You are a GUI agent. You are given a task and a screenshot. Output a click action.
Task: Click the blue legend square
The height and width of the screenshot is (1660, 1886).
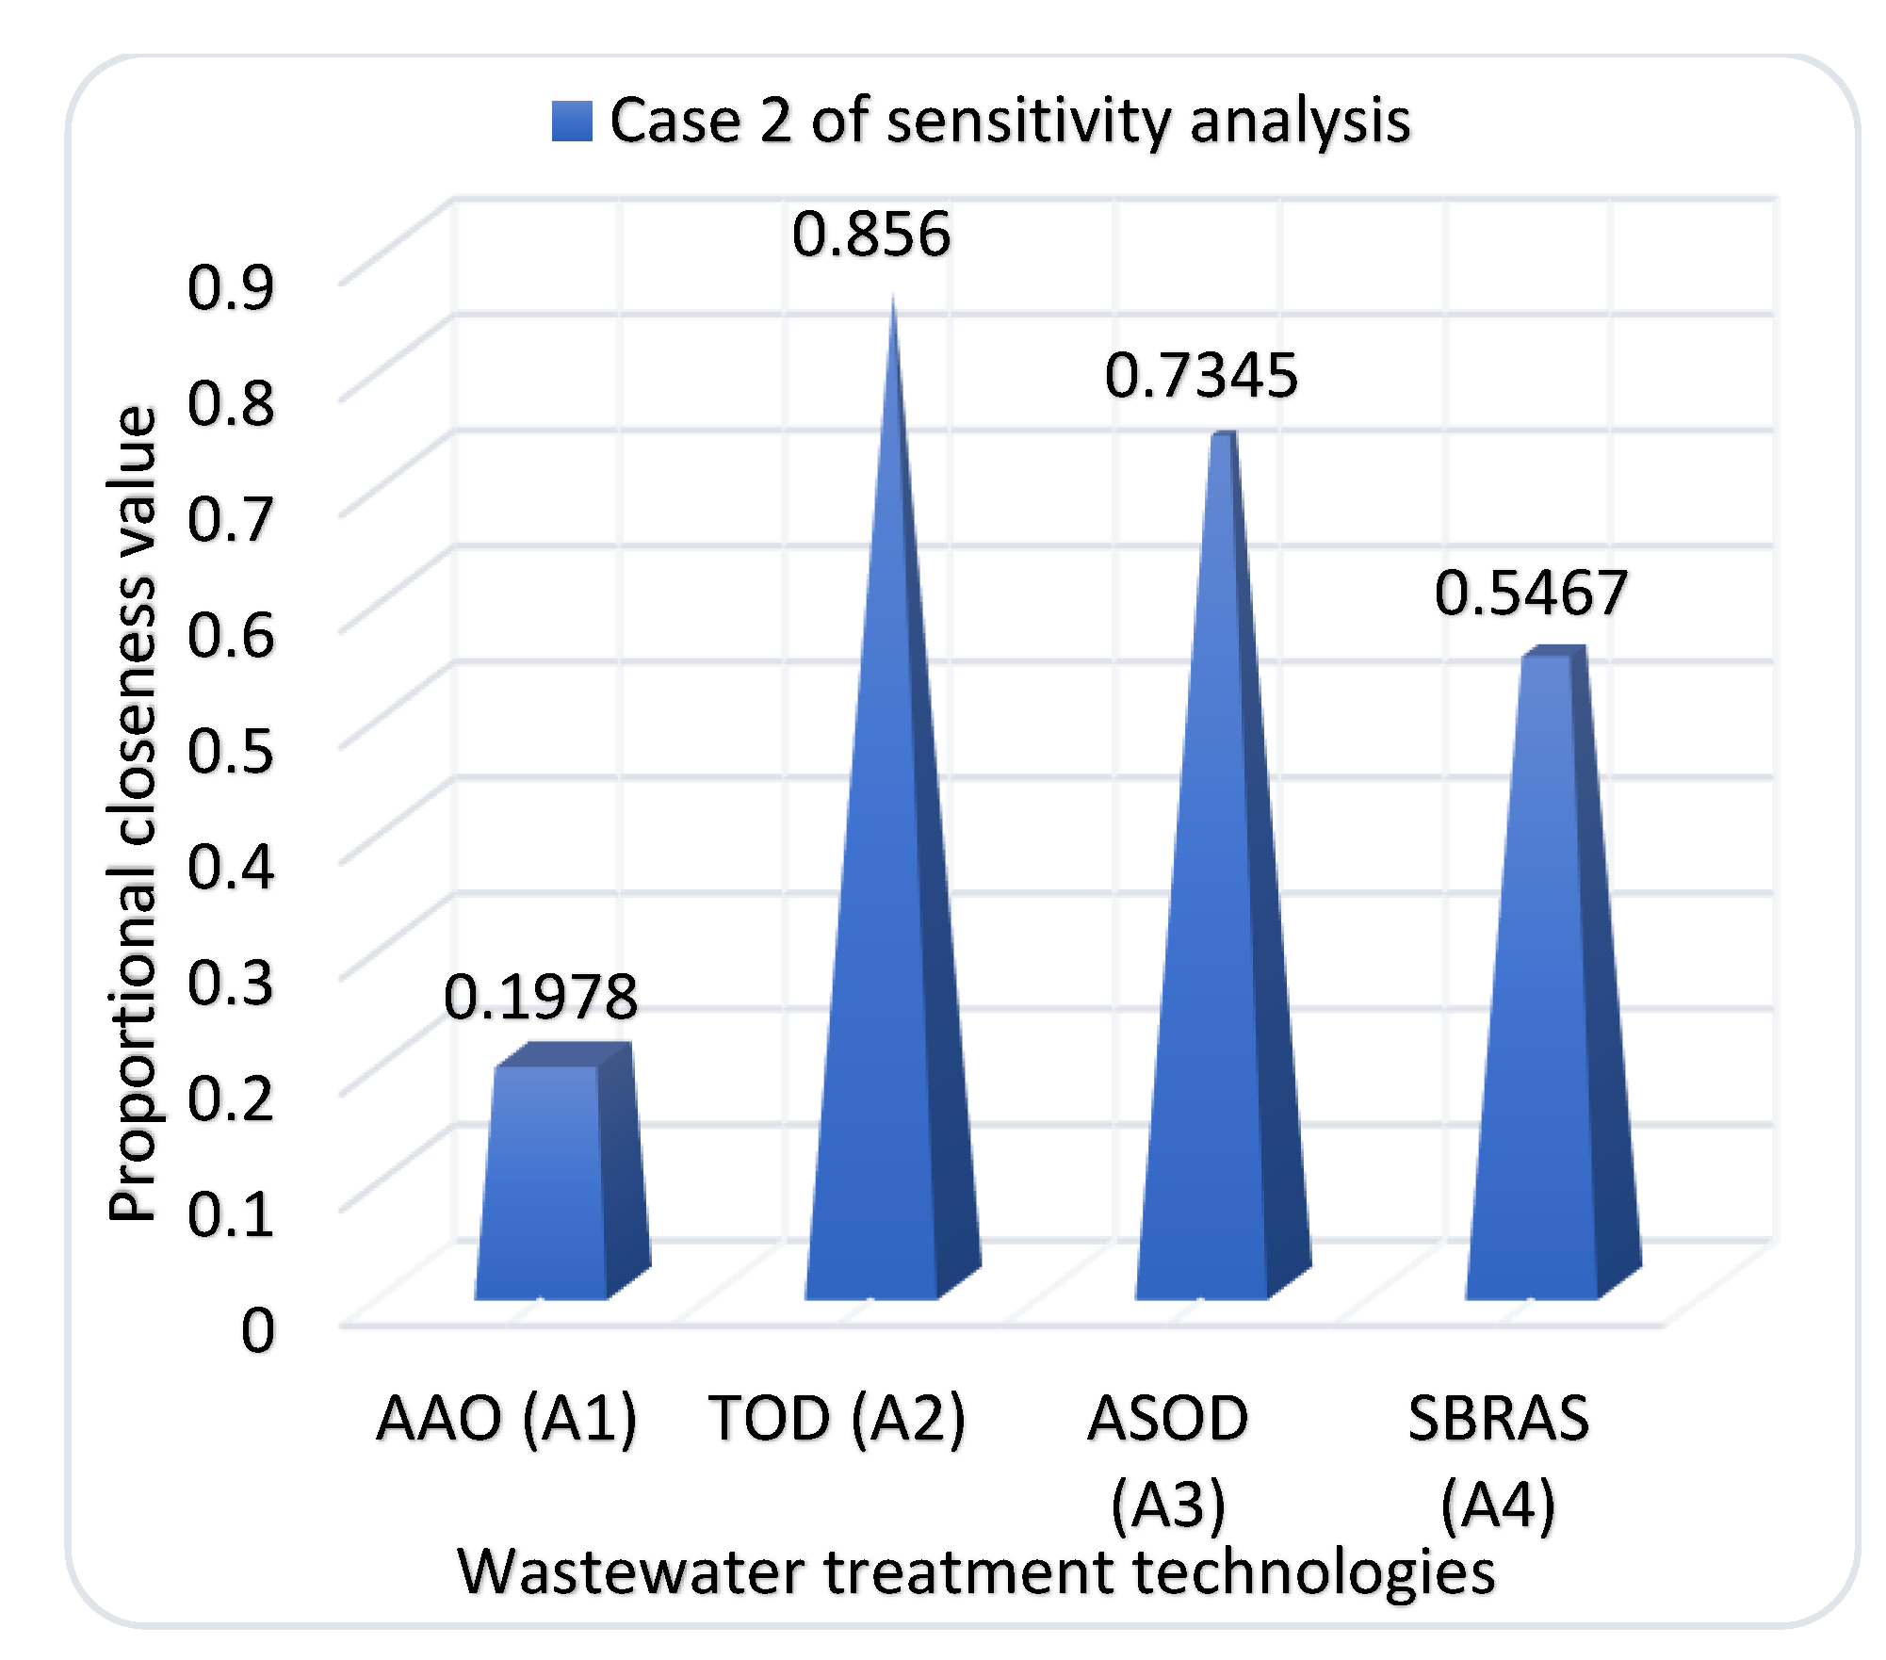pyautogui.click(x=572, y=122)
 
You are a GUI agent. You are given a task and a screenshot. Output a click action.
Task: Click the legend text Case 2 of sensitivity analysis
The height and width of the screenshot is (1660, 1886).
pyautogui.click(x=1009, y=122)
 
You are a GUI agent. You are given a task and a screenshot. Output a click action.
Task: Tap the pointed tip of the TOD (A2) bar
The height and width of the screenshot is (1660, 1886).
pyautogui.click(x=892, y=303)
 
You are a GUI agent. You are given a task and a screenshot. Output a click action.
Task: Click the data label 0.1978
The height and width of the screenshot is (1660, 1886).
pyautogui.click(x=541, y=998)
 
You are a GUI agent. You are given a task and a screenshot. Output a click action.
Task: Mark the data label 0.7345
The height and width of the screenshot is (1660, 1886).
pyautogui.click(x=1200, y=376)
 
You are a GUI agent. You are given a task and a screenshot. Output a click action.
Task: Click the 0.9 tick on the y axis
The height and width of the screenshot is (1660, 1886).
pyautogui.click(x=231, y=287)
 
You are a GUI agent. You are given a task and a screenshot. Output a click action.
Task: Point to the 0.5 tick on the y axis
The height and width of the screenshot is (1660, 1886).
pyautogui.click(x=231, y=751)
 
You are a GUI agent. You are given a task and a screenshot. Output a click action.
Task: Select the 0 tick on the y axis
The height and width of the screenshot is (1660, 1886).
pyautogui.click(x=257, y=1330)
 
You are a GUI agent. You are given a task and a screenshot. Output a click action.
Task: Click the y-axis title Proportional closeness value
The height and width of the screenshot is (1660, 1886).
pyautogui.click(x=132, y=815)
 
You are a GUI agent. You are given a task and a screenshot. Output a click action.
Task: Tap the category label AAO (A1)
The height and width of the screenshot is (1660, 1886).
pyautogui.click(x=507, y=1418)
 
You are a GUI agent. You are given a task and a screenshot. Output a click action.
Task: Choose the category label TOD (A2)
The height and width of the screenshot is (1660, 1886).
pyautogui.click(x=837, y=1418)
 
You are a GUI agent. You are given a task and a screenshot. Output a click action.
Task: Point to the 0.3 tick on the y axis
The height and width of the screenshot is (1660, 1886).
pyautogui.click(x=231, y=983)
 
